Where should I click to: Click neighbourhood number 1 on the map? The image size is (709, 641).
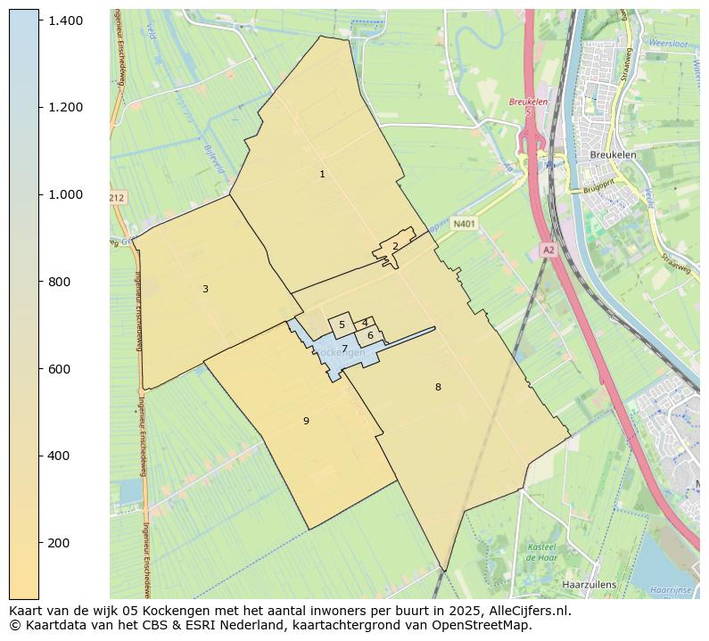coord(322,174)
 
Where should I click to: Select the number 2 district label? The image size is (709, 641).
coord(395,247)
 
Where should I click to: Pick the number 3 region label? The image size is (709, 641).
coord(205,289)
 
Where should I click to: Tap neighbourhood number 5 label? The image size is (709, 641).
coord(342,325)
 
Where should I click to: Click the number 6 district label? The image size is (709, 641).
coord(370,335)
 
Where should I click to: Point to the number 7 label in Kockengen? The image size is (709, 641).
coord(344,349)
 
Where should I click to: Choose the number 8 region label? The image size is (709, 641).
coord(438,387)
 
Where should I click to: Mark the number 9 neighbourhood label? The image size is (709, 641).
coord(306,421)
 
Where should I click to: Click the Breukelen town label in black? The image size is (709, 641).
coord(613,154)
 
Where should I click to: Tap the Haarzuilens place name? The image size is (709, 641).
coord(589,585)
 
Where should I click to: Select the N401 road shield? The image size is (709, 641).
coord(463,225)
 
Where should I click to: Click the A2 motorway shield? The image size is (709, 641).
coord(548,251)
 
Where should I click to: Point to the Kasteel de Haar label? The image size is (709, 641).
coord(541,551)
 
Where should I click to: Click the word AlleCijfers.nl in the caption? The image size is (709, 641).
coord(524,612)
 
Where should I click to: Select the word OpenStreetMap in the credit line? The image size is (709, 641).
coord(487,625)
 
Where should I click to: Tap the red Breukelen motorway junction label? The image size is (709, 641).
coord(527,103)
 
